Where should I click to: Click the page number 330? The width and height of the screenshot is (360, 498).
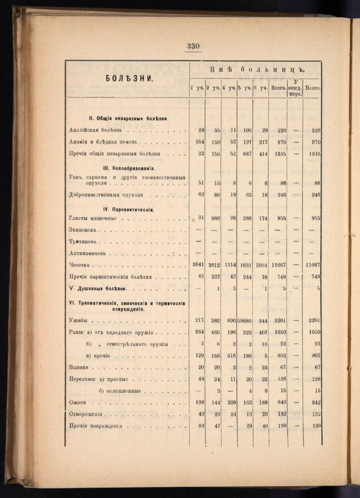tap(193, 46)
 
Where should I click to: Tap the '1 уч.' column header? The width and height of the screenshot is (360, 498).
tap(197, 88)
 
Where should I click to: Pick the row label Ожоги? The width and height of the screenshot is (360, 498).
tap(78, 402)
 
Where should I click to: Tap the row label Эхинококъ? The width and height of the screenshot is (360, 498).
tap(84, 230)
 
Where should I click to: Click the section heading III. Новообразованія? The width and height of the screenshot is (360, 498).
tap(128, 168)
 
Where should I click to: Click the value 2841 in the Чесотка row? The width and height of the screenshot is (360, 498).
tap(198, 265)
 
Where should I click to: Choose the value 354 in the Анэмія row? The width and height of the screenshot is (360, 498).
tap(199, 142)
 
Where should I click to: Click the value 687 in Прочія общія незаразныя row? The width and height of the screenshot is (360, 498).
tap(246, 154)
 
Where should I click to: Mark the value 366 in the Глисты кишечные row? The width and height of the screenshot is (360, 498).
tap(214, 219)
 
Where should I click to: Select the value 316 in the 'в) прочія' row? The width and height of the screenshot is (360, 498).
tap(230, 356)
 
